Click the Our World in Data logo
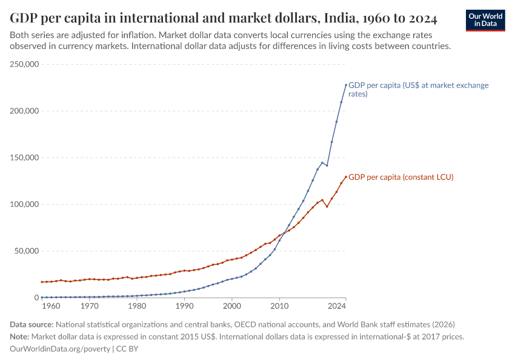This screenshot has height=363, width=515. point(485,19)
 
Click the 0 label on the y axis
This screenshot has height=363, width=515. point(36,298)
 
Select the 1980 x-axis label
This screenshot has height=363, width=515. point(137,306)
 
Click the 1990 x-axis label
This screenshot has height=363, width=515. point(184,306)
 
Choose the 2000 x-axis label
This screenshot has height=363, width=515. point(231,306)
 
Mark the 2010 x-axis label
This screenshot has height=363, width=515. point(279,306)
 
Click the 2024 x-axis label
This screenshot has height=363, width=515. point(345,306)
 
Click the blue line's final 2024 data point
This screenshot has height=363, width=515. point(346,85)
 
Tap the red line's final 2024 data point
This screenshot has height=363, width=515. point(346,177)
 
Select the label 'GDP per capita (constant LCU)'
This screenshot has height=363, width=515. point(400,177)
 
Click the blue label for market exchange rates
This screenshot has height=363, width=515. point(418,90)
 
